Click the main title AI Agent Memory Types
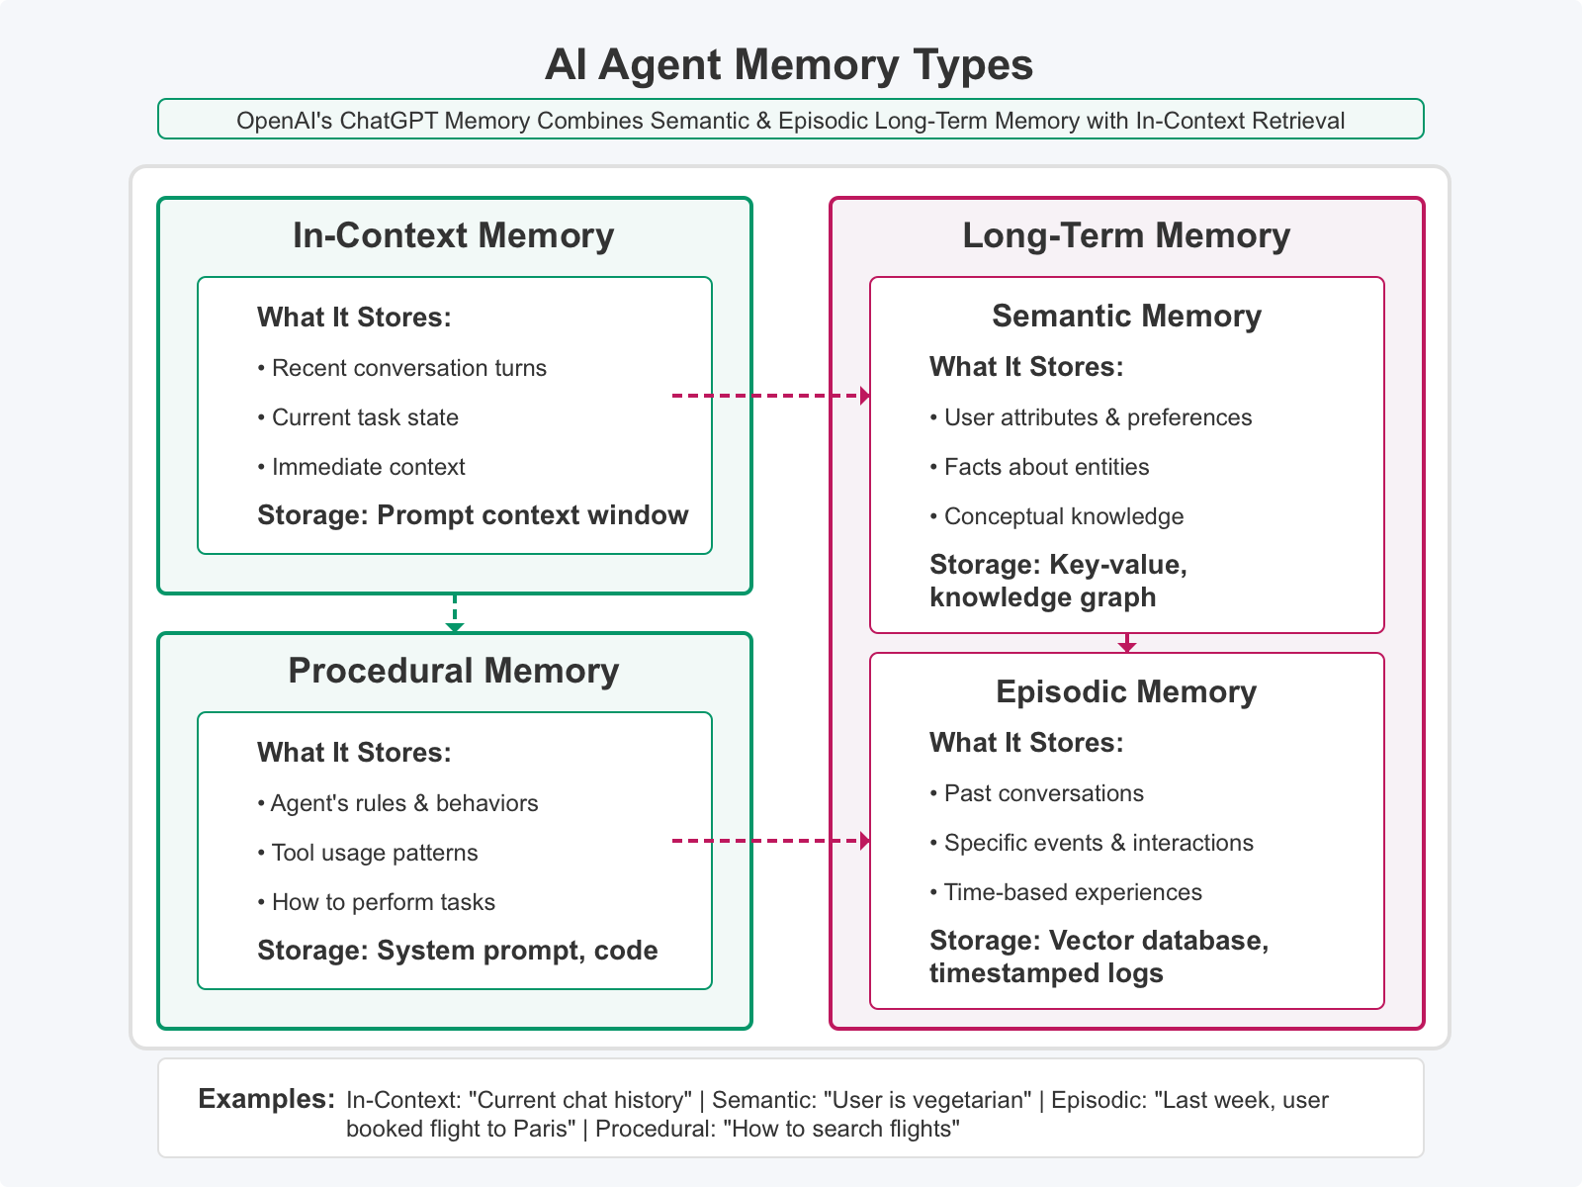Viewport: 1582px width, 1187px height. point(789,65)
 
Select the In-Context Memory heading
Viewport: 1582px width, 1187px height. point(454,236)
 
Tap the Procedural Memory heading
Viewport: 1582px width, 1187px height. point(454,672)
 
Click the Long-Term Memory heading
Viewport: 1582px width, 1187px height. point(1126,236)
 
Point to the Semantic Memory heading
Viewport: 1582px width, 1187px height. point(1126,317)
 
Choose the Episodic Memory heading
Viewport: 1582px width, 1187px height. point(1126,692)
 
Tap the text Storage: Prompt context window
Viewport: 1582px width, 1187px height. point(473,516)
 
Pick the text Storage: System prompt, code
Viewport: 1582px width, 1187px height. point(457,952)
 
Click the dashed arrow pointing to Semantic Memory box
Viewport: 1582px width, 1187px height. point(771,396)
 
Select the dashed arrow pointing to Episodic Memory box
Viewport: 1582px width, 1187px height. point(771,841)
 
